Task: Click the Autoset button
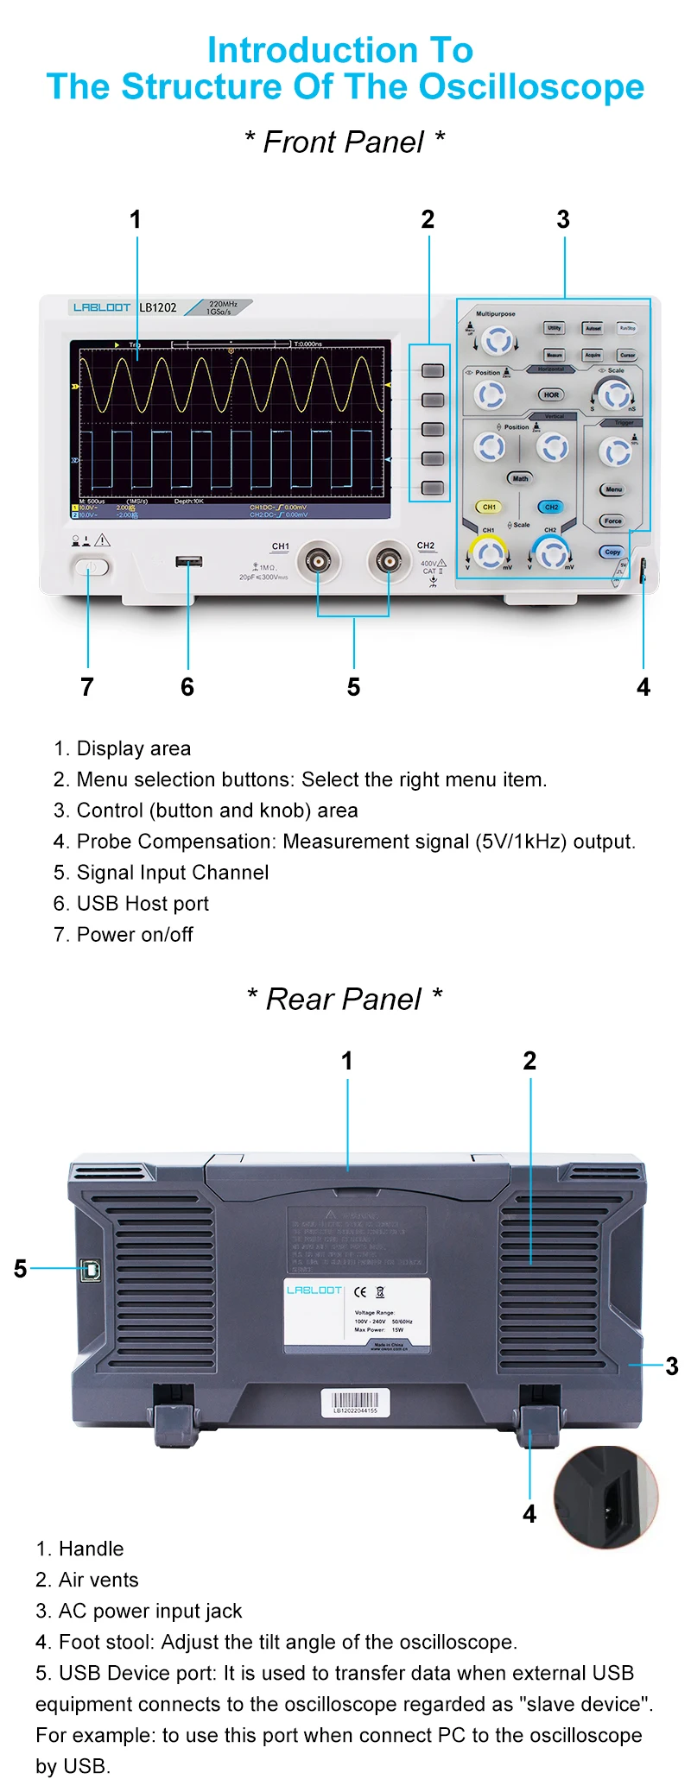coord(593,328)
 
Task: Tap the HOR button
coord(551,394)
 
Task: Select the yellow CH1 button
coord(489,507)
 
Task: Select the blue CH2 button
coord(551,507)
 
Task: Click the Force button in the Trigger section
coord(612,521)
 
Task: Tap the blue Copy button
coord(612,552)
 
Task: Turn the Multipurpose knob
coord(496,341)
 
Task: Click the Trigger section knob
coord(615,451)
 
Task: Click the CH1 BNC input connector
coord(318,562)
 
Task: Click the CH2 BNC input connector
coord(389,562)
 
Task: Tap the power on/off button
coord(91,567)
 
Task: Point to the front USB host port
coord(189,562)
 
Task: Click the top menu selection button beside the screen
coord(432,371)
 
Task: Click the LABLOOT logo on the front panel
coord(102,307)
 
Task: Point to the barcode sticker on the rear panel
coord(355,1402)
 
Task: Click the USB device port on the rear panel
coord(90,1269)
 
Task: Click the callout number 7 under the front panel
coord(86,687)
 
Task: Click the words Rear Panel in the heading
coord(344,999)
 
